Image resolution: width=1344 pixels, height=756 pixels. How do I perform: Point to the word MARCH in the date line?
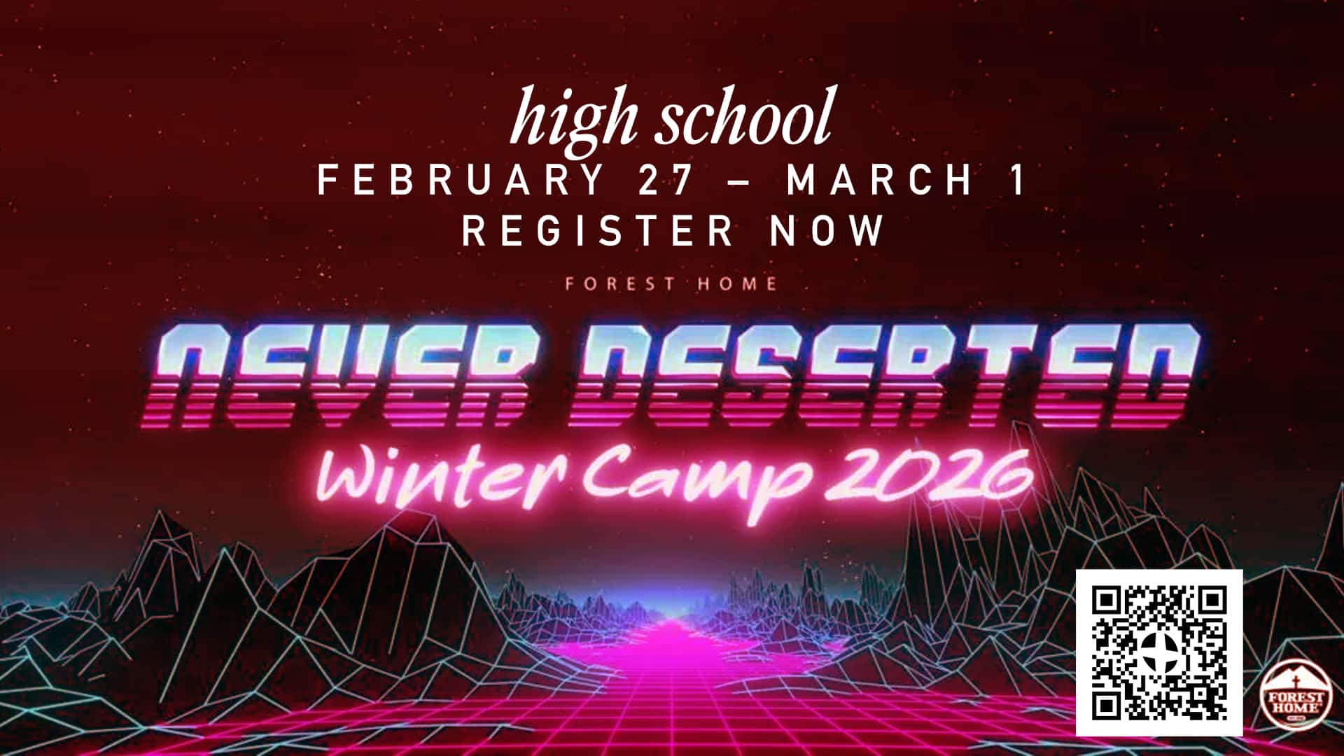point(880,180)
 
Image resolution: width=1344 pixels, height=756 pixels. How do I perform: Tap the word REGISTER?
point(597,230)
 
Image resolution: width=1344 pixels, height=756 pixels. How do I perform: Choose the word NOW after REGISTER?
point(827,230)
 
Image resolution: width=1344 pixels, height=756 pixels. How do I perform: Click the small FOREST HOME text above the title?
point(671,283)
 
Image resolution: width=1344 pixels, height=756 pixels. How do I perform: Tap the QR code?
point(1159,653)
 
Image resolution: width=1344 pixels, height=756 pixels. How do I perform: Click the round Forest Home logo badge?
point(1296,694)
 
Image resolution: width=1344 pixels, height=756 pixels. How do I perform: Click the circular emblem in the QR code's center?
point(1160,653)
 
